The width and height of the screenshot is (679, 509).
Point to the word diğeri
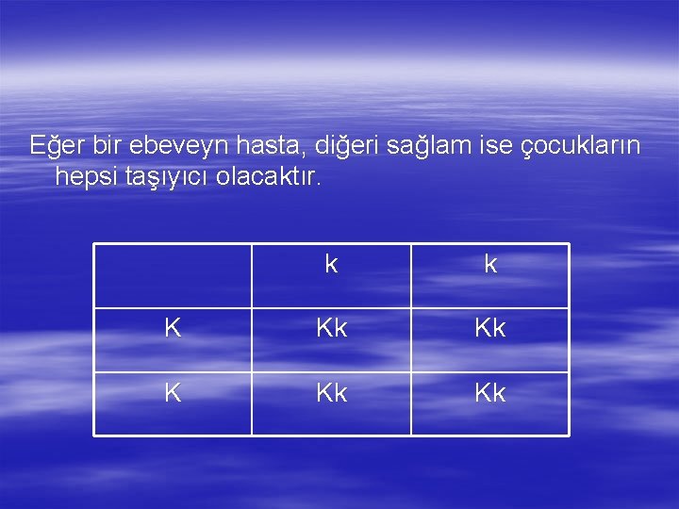pyautogui.click(x=343, y=145)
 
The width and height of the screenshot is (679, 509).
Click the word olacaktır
pyautogui.click(x=269, y=176)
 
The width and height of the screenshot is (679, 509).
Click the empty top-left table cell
pyautogui.click(x=173, y=276)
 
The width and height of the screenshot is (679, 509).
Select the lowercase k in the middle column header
pyautogui.click(x=331, y=265)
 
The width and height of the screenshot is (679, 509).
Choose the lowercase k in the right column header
pyautogui.click(x=490, y=265)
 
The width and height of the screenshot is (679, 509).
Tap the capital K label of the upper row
pyautogui.click(x=173, y=329)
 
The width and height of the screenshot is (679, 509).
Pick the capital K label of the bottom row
pyautogui.click(x=173, y=392)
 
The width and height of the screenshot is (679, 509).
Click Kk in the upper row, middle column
pyautogui.click(x=331, y=329)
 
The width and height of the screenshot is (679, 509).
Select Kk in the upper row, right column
pyautogui.click(x=490, y=329)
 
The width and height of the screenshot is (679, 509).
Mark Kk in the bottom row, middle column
pyautogui.click(x=331, y=392)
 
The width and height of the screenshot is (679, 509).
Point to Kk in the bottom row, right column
pyautogui.click(x=490, y=392)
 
